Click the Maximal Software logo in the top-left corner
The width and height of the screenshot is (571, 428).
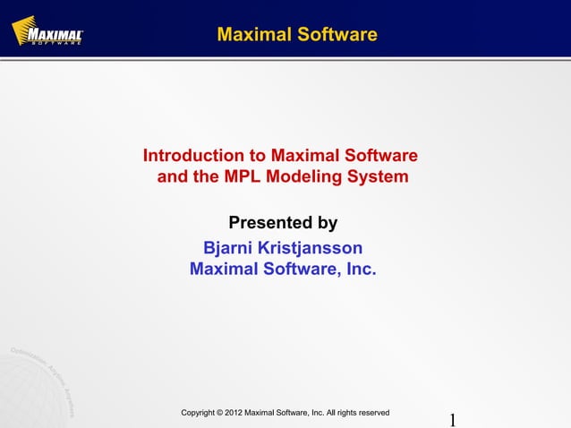47,32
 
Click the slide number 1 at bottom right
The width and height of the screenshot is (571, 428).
453,420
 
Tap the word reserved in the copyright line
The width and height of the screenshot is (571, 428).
372,413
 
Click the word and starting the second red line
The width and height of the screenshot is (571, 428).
174,176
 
